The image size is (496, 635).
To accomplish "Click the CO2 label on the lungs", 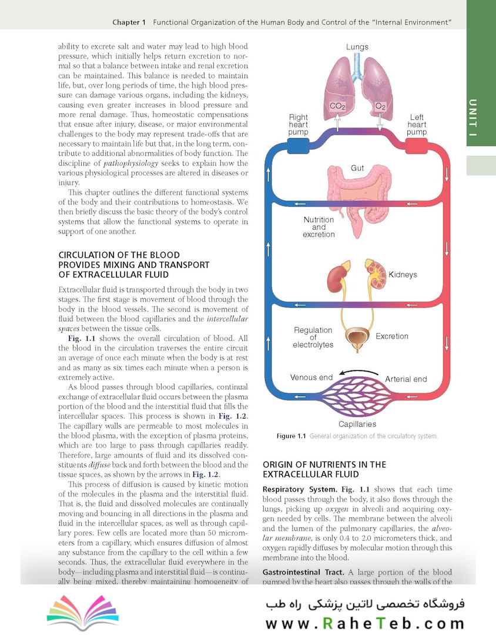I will pyautogui.click(x=337, y=106).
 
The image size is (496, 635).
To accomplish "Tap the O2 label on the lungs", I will pyautogui.click(x=380, y=106).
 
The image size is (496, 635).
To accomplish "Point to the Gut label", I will pyautogui.click(x=357, y=168).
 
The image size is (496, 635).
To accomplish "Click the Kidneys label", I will pyautogui.click(x=403, y=275).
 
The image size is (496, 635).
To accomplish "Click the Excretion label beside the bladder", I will pyautogui.click(x=391, y=336).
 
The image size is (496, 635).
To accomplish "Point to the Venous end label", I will pyautogui.click(x=311, y=377).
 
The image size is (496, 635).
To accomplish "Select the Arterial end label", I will pyautogui.click(x=405, y=379).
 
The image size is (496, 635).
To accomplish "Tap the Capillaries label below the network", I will pyautogui.click(x=357, y=424).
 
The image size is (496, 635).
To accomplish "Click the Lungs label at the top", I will pyautogui.click(x=357, y=46).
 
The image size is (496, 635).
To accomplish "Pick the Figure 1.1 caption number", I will pyautogui.click(x=291, y=436).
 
